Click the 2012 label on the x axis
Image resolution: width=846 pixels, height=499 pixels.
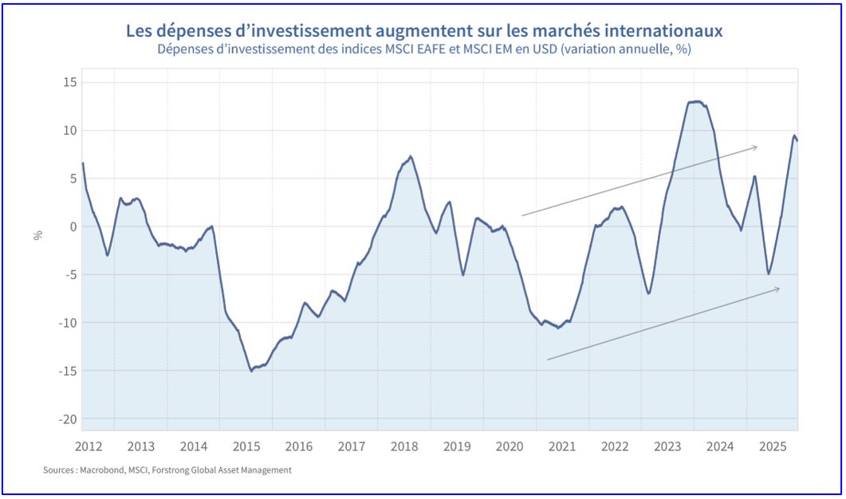tap(89, 446)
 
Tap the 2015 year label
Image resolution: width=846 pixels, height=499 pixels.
tap(246, 446)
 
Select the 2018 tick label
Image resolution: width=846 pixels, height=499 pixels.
tap(403, 446)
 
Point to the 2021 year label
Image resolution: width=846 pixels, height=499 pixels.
tap(561, 446)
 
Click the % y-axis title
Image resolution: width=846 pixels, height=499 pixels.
tap(37, 235)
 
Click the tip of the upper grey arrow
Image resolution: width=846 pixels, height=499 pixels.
tap(757, 146)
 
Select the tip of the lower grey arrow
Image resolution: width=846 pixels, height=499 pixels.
tap(780, 288)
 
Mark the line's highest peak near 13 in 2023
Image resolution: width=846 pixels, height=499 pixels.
tap(696, 101)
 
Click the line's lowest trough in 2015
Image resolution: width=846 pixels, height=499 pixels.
tap(251, 371)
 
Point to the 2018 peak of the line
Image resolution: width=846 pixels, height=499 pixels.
tap(411, 156)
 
